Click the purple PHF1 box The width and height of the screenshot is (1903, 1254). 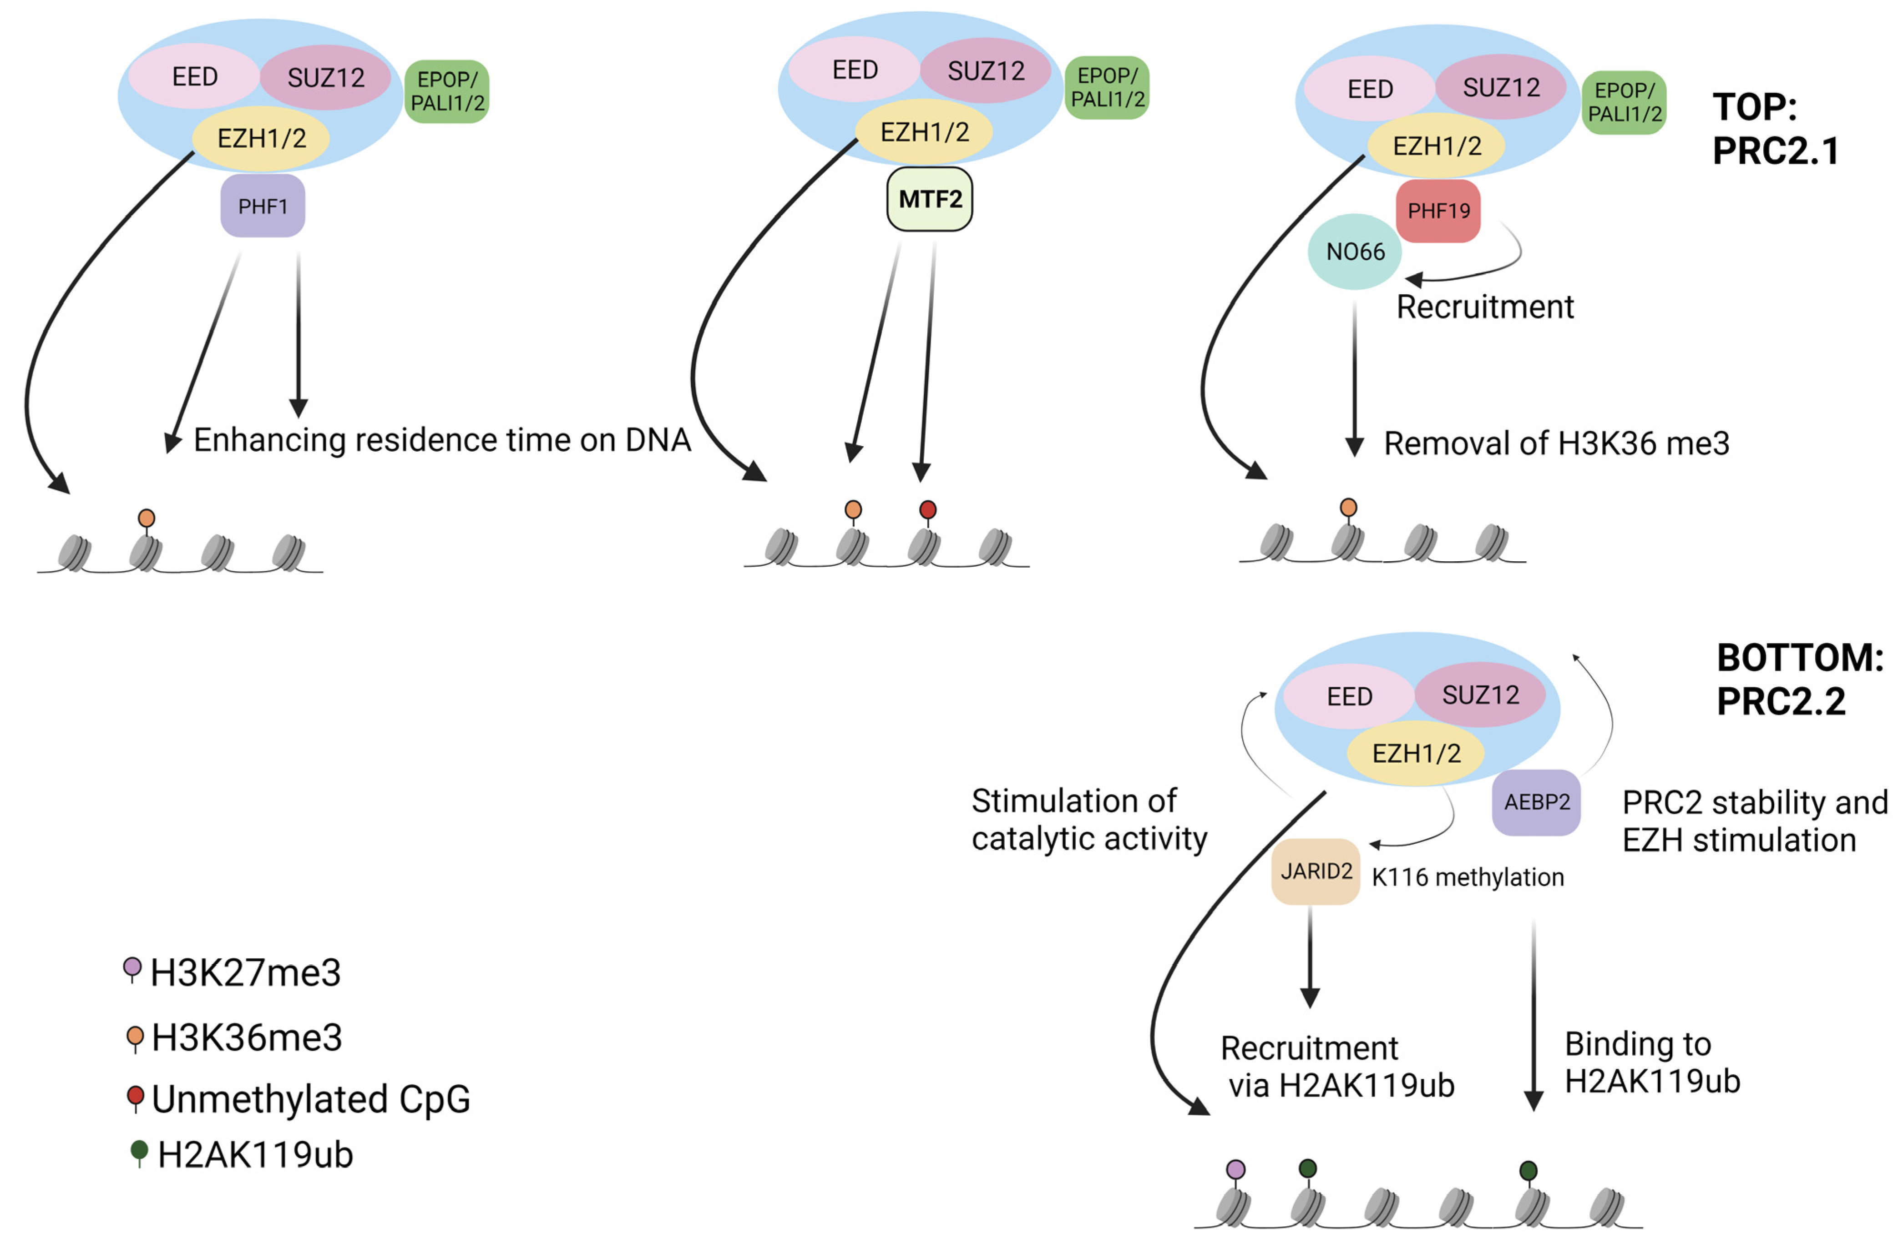pyautogui.click(x=263, y=206)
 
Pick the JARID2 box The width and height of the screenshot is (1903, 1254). pyautogui.click(x=1316, y=871)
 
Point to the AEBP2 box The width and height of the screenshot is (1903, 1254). pyautogui.click(x=1536, y=802)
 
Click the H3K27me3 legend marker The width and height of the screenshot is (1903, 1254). pyautogui.click(x=133, y=968)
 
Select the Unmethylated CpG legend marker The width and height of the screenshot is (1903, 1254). pyautogui.click(x=135, y=1096)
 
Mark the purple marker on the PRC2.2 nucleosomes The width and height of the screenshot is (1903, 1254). pyautogui.click(x=1235, y=1170)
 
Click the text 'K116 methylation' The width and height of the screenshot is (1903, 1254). pyautogui.click(x=1467, y=877)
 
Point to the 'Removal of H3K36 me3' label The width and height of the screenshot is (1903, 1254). pyautogui.click(x=1556, y=443)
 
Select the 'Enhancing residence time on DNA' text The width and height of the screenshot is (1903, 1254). pyautogui.click(x=441, y=440)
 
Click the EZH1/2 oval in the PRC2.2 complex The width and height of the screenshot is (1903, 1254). pyautogui.click(x=1416, y=753)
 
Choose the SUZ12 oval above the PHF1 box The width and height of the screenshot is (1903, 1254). pyautogui.click(x=325, y=78)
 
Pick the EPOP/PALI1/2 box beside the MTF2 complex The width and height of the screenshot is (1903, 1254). pyautogui.click(x=1107, y=88)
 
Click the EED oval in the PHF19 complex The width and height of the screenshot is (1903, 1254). pyautogui.click(x=1369, y=89)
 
